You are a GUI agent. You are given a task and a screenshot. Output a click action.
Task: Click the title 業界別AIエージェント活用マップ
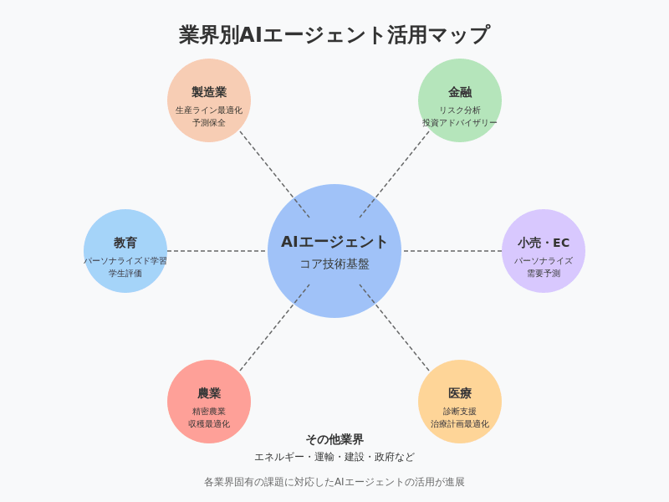click(334, 35)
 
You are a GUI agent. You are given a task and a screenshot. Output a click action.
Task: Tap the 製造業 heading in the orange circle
click(209, 92)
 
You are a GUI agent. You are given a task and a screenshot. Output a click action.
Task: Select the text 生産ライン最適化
click(209, 110)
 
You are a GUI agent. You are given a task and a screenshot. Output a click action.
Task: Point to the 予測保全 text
click(209, 122)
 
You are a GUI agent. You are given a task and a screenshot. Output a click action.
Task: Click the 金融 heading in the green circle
click(460, 92)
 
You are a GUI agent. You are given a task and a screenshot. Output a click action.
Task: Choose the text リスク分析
click(460, 110)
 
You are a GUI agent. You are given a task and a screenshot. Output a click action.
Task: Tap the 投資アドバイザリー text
click(460, 122)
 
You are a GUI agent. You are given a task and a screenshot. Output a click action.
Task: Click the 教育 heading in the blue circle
click(125, 243)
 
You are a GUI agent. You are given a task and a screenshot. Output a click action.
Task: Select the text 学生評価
click(125, 273)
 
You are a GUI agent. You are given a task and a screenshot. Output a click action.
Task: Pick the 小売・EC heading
click(544, 243)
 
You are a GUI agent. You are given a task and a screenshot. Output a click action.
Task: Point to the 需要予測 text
click(544, 273)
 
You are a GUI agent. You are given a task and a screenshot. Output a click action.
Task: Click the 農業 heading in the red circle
click(209, 393)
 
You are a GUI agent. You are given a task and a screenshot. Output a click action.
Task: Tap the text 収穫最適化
click(209, 423)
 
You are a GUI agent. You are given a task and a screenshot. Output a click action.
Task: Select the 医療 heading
click(460, 393)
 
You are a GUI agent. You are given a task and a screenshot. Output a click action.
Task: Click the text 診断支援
click(460, 411)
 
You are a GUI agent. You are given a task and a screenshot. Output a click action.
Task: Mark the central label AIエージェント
click(334, 242)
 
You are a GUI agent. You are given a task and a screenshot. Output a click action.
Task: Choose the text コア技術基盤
click(334, 264)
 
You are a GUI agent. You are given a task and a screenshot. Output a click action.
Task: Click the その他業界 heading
click(334, 439)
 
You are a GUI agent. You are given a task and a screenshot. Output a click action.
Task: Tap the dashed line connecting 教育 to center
click(217, 251)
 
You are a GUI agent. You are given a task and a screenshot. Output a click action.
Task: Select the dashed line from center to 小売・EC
click(452, 251)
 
